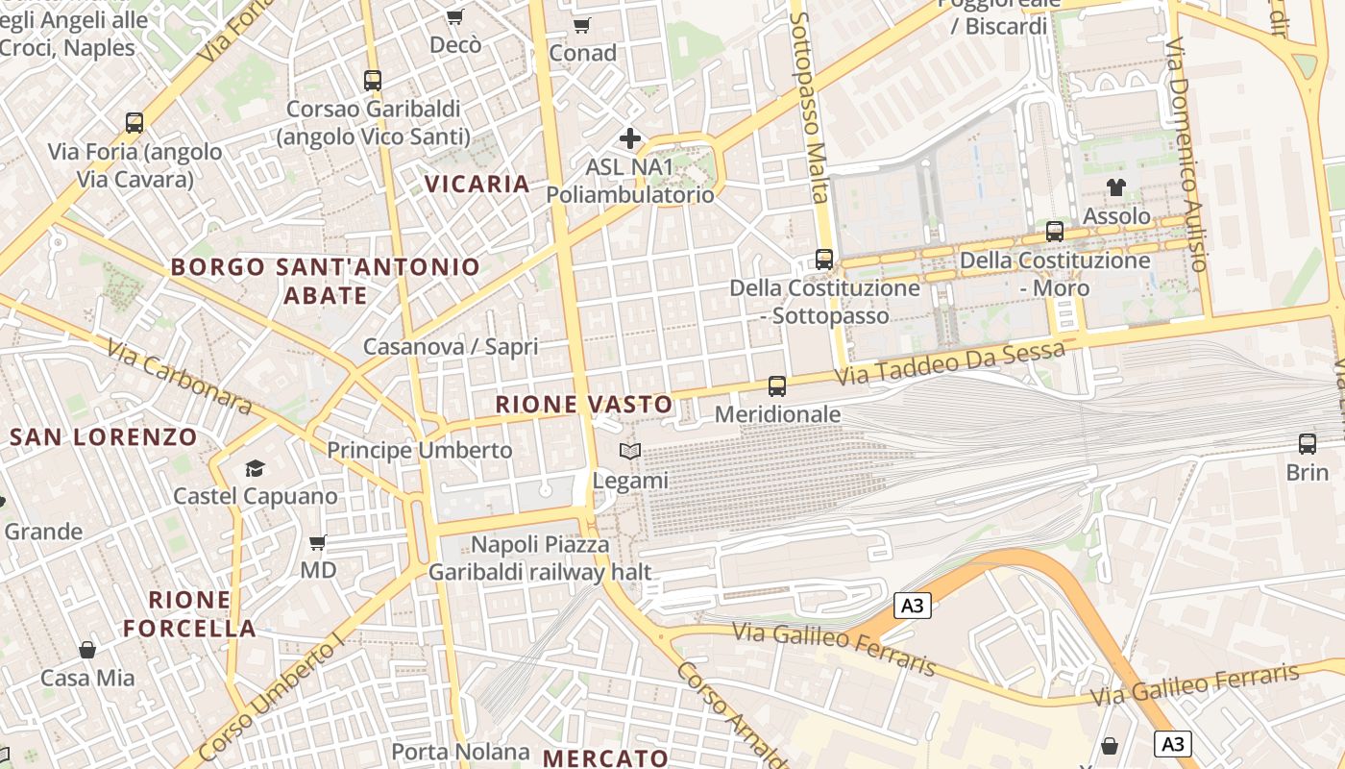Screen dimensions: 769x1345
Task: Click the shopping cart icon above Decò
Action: (455, 16)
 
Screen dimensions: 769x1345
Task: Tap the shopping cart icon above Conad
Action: (581, 25)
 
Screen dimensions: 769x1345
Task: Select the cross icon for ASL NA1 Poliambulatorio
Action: (630, 138)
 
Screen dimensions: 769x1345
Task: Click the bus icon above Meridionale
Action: (777, 386)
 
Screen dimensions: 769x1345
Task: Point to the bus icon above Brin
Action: (1308, 444)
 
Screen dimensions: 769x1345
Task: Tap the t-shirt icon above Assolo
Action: (1115, 186)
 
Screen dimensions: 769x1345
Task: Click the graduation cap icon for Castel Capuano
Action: (255, 468)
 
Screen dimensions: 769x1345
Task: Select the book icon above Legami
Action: (630, 451)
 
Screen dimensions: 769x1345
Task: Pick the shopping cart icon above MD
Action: (318, 542)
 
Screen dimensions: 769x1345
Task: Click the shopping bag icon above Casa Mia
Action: (87, 650)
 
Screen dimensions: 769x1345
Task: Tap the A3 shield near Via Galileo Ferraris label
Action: (913, 606)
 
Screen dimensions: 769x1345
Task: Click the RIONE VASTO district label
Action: (584, 405)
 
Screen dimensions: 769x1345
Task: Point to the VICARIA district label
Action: (477, 184)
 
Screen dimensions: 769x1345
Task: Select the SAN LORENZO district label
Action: (104, 437)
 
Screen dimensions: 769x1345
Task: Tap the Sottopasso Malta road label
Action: (808, 106)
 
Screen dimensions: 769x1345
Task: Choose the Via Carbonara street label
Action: (179, 376)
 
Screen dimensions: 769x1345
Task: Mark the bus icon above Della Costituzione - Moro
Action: (1055, 232)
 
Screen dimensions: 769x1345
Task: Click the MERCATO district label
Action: (605, 757)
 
